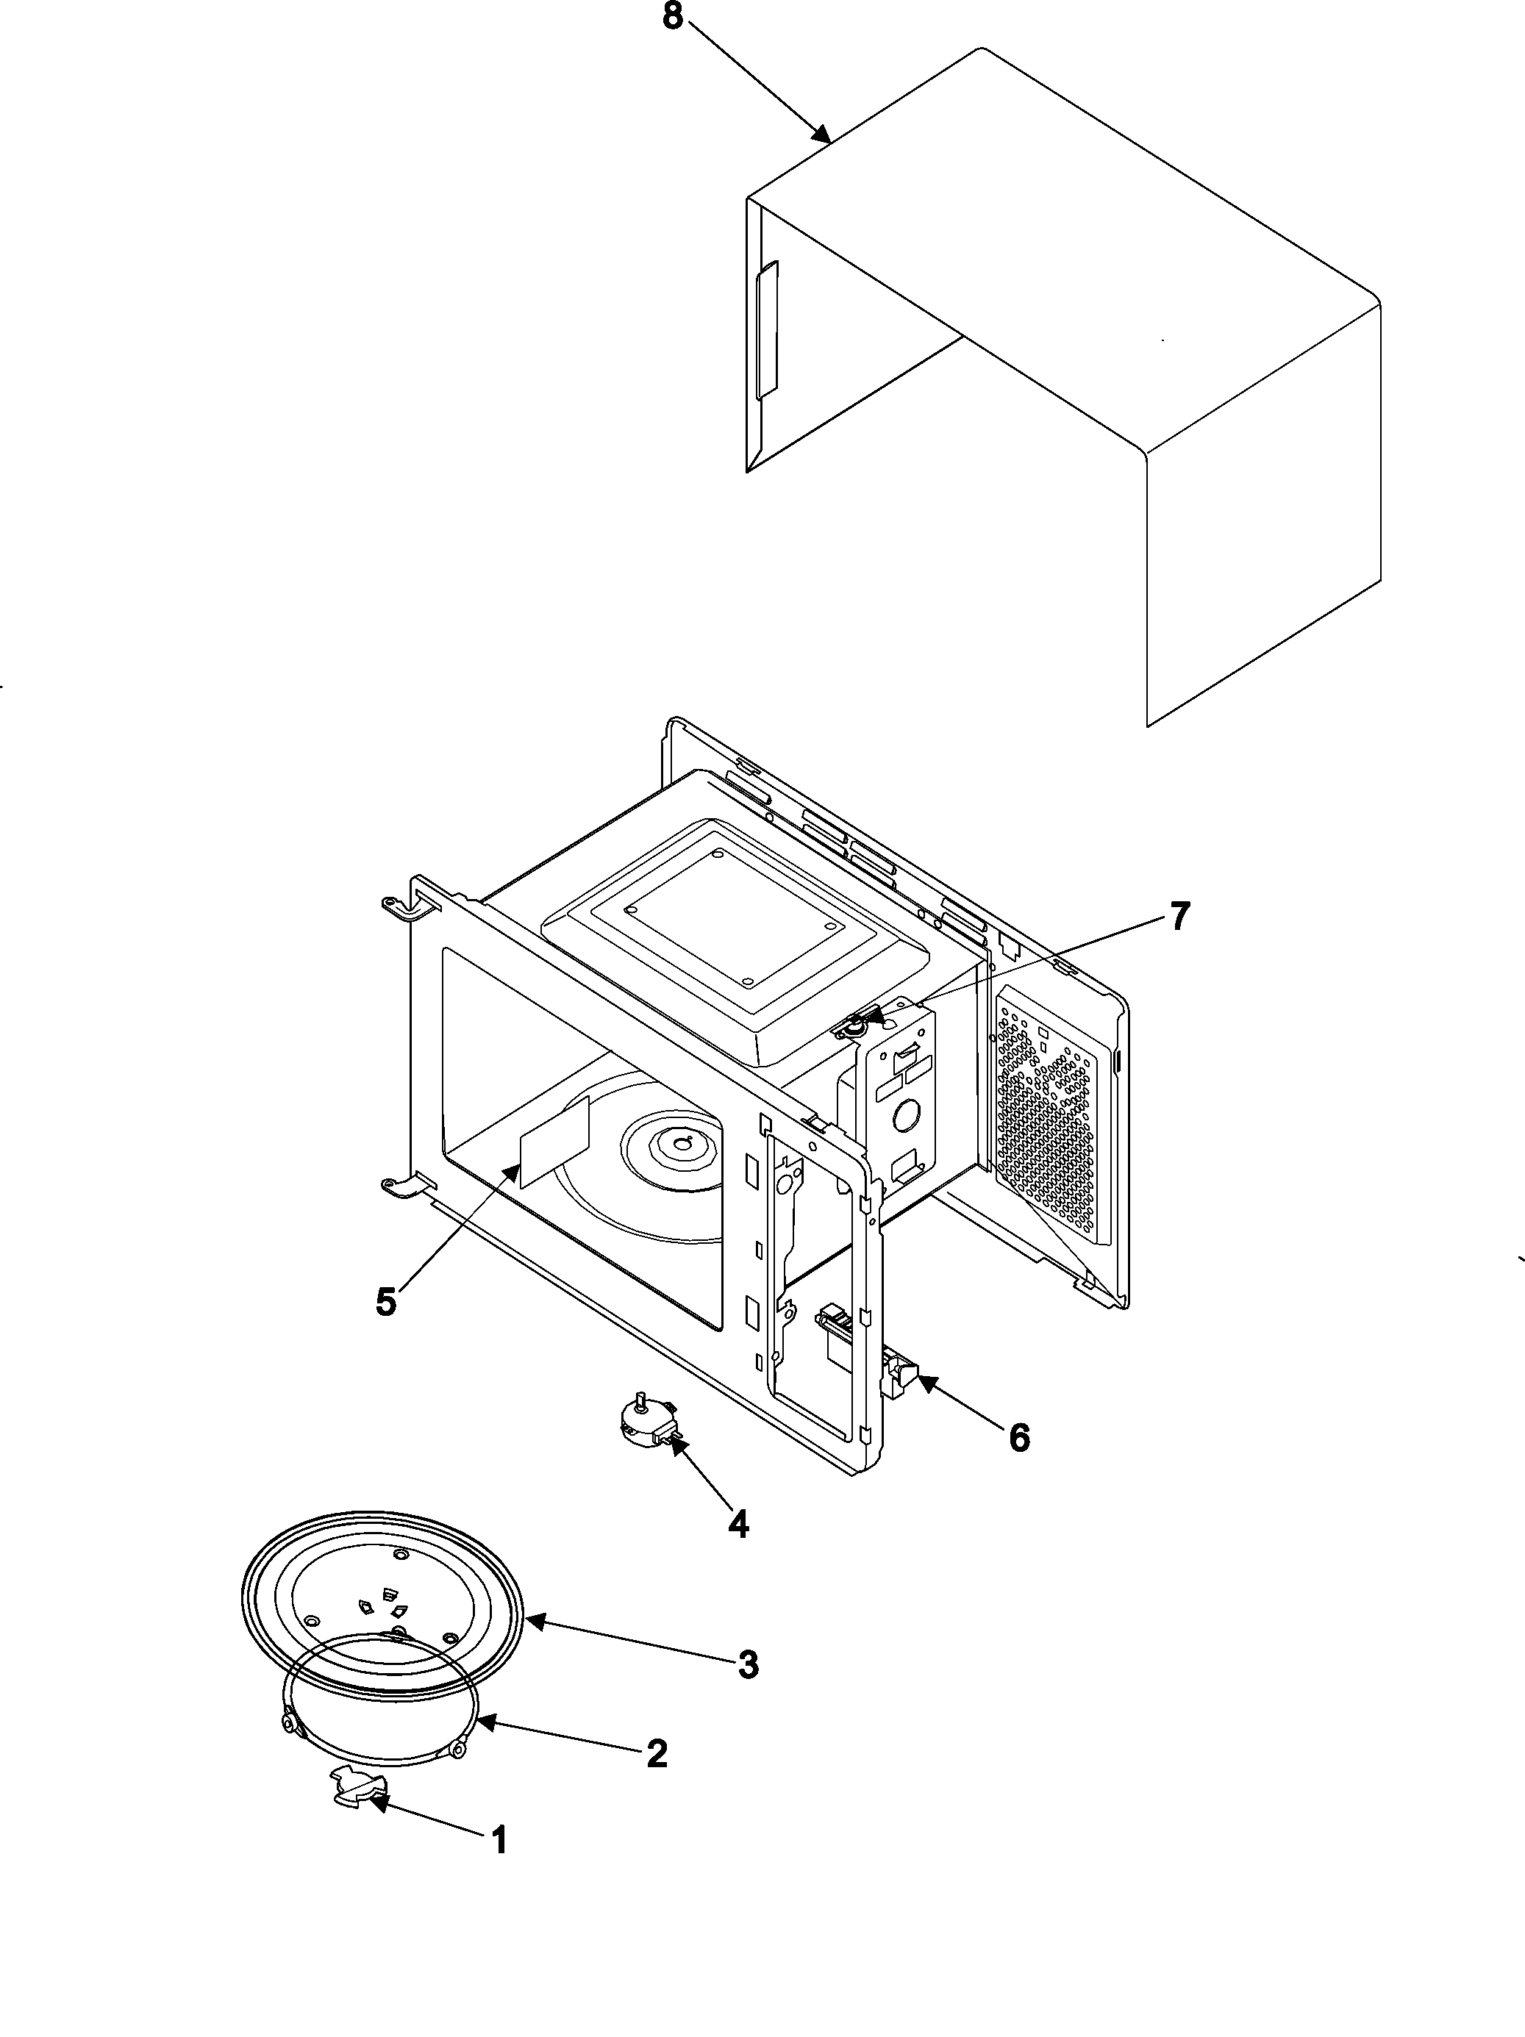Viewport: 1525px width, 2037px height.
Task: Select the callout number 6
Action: coord(1018,1436)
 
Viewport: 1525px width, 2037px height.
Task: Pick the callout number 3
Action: coord(748,1664)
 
